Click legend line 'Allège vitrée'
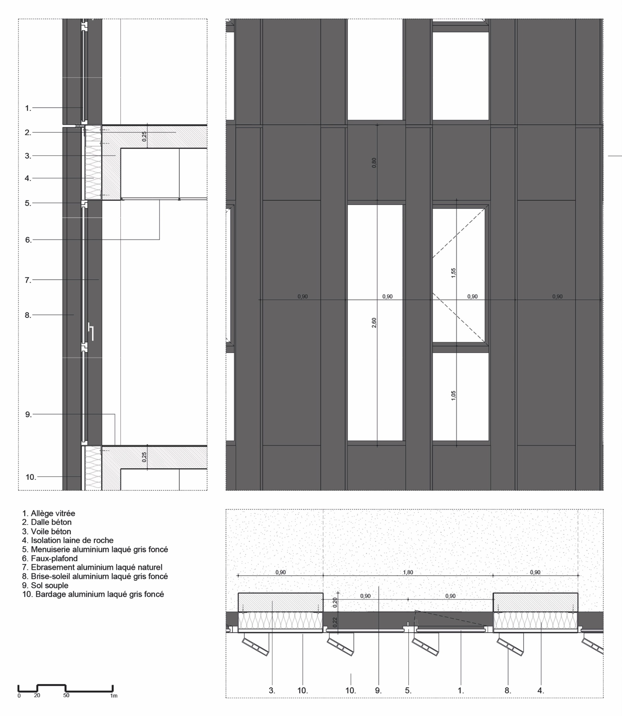(x=49, y=513)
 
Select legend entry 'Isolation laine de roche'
(x=68, y=540)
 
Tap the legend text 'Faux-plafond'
(x=50, y=558)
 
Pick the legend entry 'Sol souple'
(x=45, y=585)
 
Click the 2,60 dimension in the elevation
(x=374, y=323)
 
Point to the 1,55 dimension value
(x=453, y=273)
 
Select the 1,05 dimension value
(x=453, y=396)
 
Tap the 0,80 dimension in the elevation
(x=374, y=163)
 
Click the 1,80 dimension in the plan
(x=408, y=572)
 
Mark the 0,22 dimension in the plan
(x=335, y=622)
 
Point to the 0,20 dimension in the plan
(x=335, y=603)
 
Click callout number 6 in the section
(x=28, y=240)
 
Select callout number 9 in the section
(x=28, y=414)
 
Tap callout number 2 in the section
(x=28, y=132)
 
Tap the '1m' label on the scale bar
(x=114, y=695)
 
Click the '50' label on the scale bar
(x=66, y=695)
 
